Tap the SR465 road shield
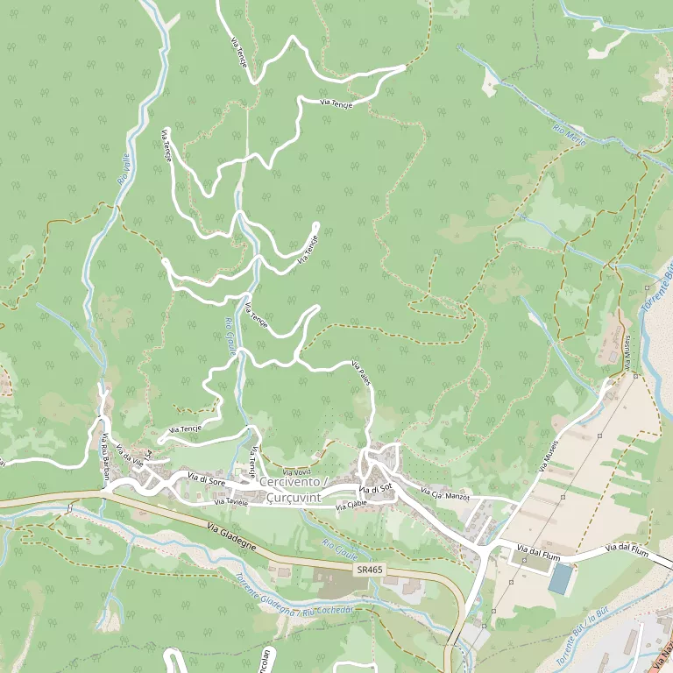370,570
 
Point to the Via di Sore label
208,478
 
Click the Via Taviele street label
231,503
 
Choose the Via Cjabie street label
351,505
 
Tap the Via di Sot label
374,488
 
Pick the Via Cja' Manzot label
445,495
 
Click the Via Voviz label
297,472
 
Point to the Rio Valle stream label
126,167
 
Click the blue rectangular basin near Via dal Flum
560,577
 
